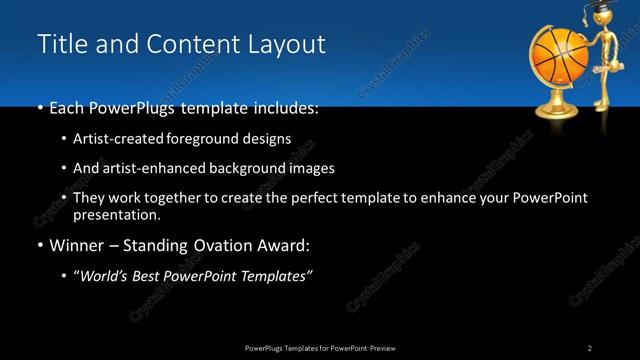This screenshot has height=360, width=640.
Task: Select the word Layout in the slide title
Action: point(288,45)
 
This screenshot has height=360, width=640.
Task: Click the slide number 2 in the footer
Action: point(590,348)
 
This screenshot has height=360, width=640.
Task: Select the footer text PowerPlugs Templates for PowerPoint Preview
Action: point(319,348)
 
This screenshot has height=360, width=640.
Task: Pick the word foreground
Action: point(213,139)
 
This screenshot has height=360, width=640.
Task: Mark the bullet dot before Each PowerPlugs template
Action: point(40,107)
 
